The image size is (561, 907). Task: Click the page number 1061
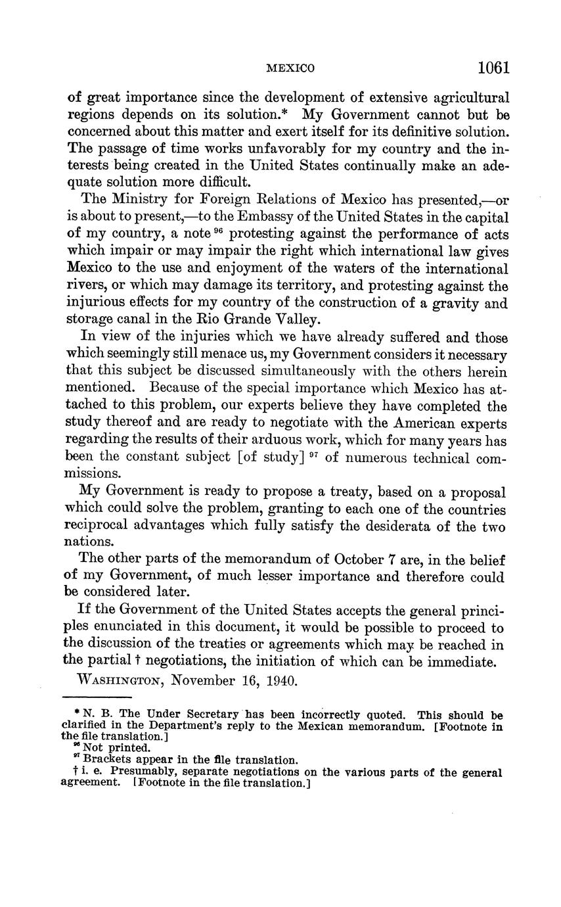click(493, 68)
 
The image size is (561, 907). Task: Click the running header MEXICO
click(290, 68)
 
